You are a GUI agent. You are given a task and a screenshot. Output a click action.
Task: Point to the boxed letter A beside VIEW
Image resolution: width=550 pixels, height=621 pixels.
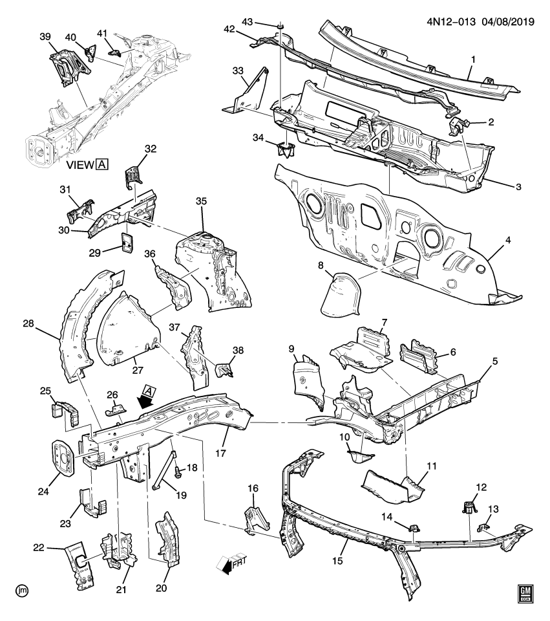[x=101, y=165]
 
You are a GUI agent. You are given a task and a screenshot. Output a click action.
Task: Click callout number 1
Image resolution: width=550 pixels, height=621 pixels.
[x=473, y=60]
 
